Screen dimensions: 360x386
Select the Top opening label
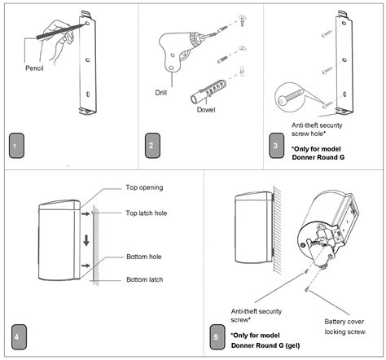(x=144, y=187)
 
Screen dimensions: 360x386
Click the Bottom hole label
(x=143, y=257)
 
